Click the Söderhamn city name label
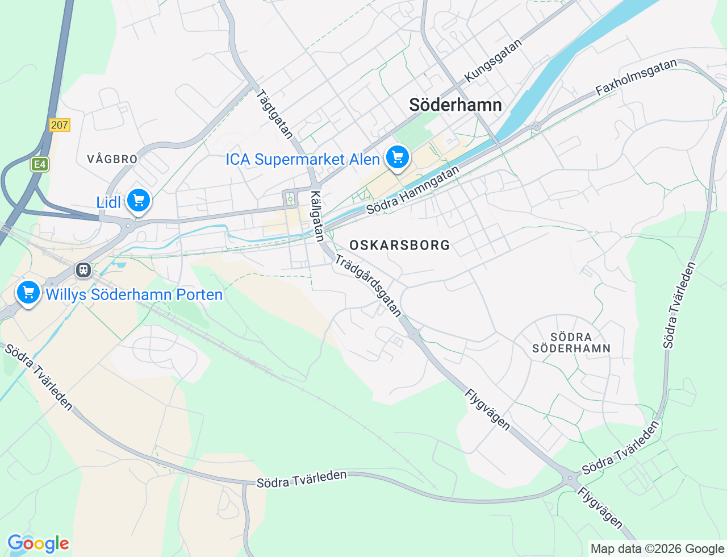pos(455,105)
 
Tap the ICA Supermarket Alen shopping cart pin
pos(398,157)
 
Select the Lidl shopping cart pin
pos(139,201)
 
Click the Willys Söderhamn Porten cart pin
pos(28,293)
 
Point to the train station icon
pos(83,269)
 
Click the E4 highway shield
pos(39,165)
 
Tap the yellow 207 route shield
pos(59,125)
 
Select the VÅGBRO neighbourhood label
pos(112,159)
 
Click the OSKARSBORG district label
pos(399,246)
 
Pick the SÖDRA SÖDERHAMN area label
pos(571,343)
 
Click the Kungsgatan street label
pos(492,61)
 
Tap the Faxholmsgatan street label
pos(636,77)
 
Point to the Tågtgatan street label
pos(275,114)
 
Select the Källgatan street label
pos(317,216)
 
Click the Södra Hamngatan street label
pos(412,190)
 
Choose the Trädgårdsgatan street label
pos(368,285)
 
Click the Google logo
pos(38,544)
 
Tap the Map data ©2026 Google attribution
pos(657,548)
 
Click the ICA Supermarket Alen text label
pos(303,160)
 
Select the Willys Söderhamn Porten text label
pos(134,295)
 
